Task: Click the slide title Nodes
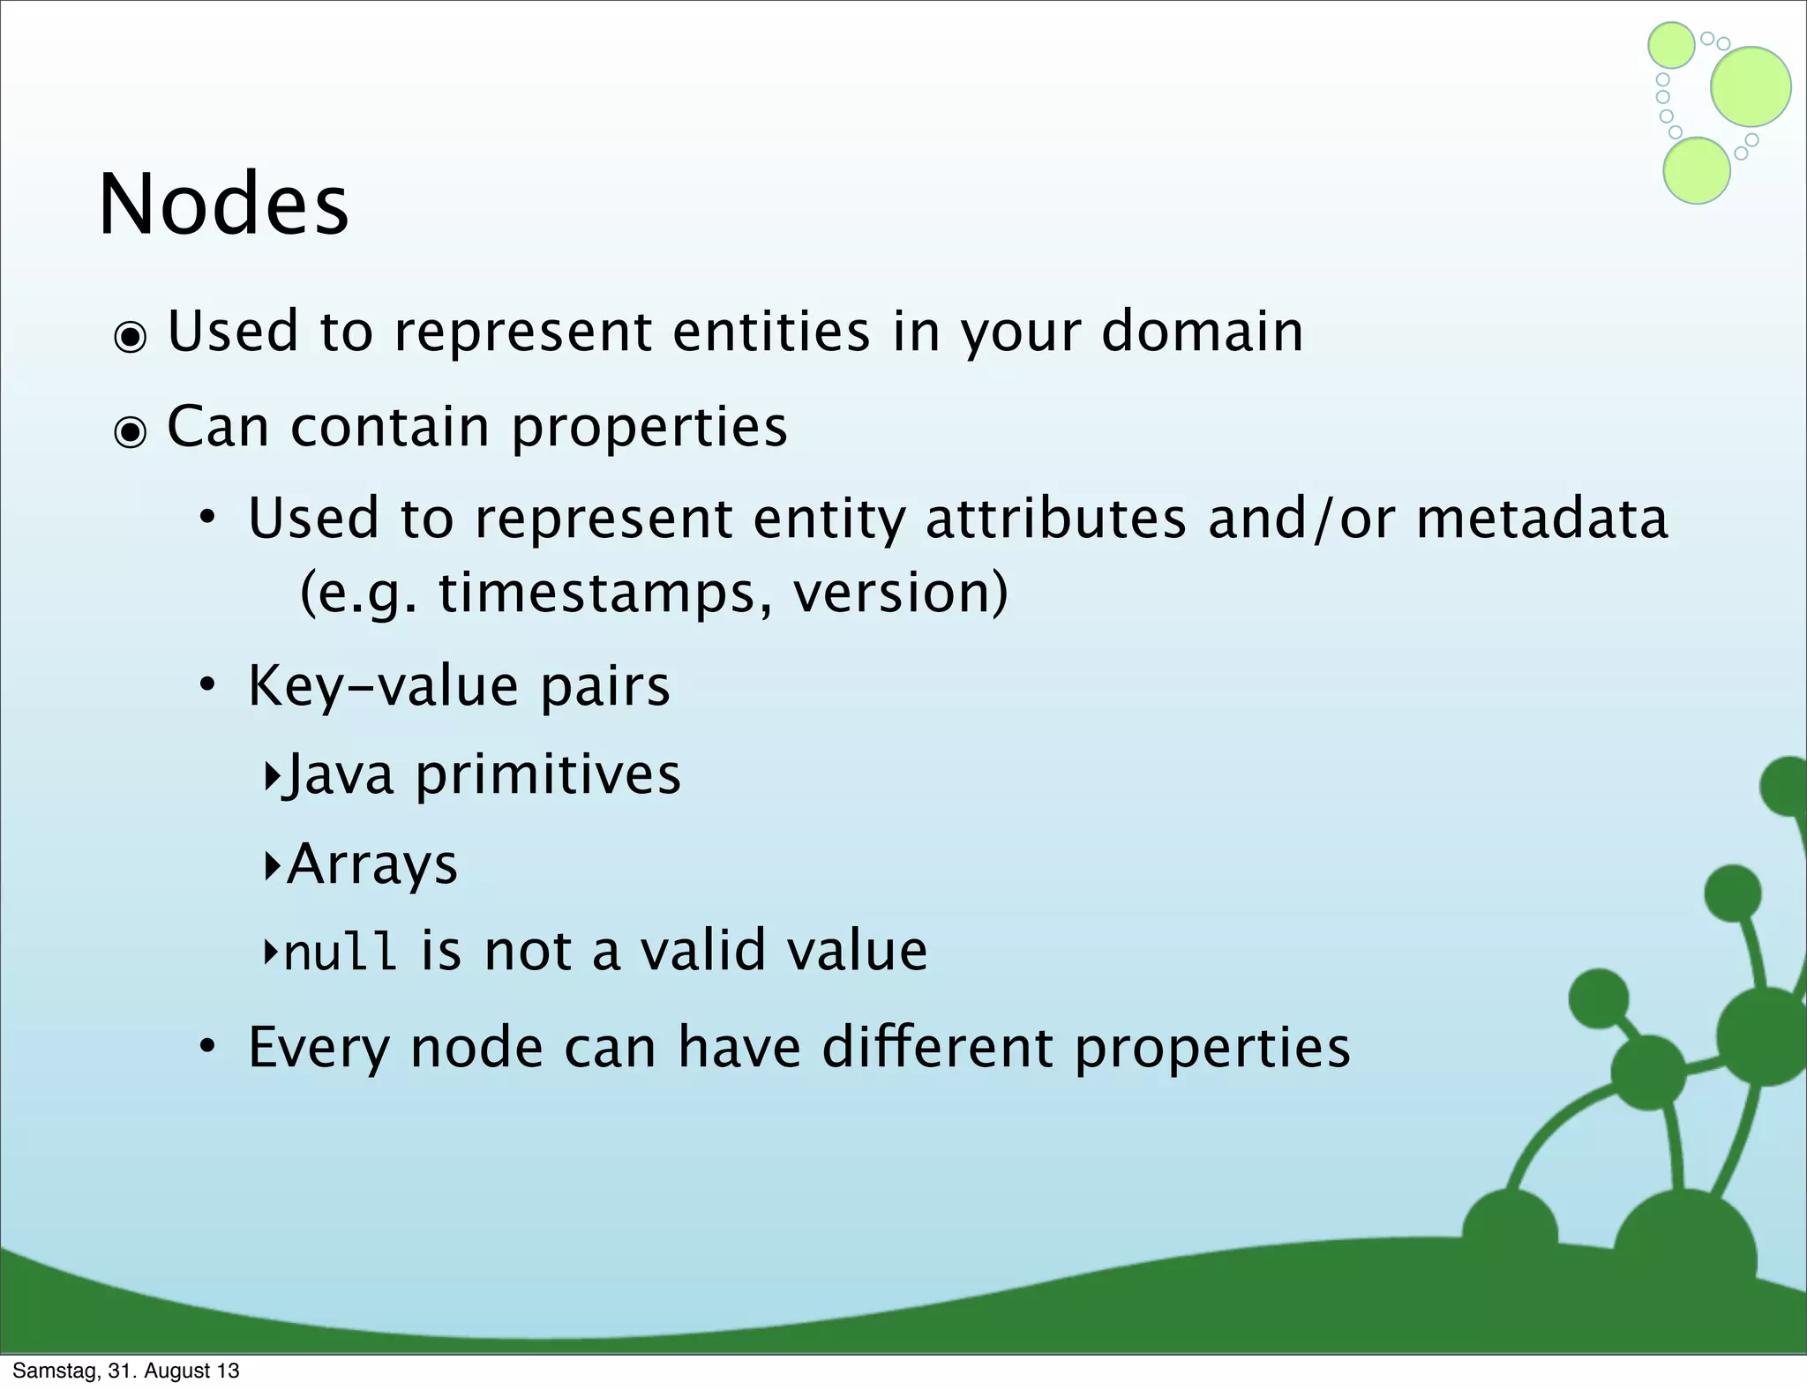click(224, 205)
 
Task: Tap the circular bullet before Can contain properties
click(131, 432)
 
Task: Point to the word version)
click(900, 593)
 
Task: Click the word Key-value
click(382, 686)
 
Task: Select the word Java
click(339, 775)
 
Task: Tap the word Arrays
click(372, 864)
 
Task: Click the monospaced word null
click(340, 953)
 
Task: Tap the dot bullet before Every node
click(206, 1048)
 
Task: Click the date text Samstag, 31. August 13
click(125, 1371)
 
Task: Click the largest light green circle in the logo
click(1751, 86)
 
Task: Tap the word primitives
click(548, 775)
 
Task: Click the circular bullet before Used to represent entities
click(131, 337)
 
